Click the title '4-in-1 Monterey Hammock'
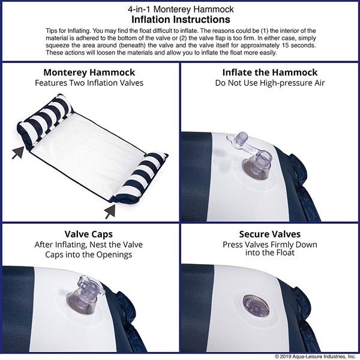[180, 10]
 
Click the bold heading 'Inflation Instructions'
[180, 19]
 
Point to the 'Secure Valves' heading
[269, 235]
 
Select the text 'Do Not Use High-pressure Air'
[269, 83]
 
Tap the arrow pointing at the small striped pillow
[110, 209]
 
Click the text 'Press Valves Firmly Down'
[269, 245]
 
